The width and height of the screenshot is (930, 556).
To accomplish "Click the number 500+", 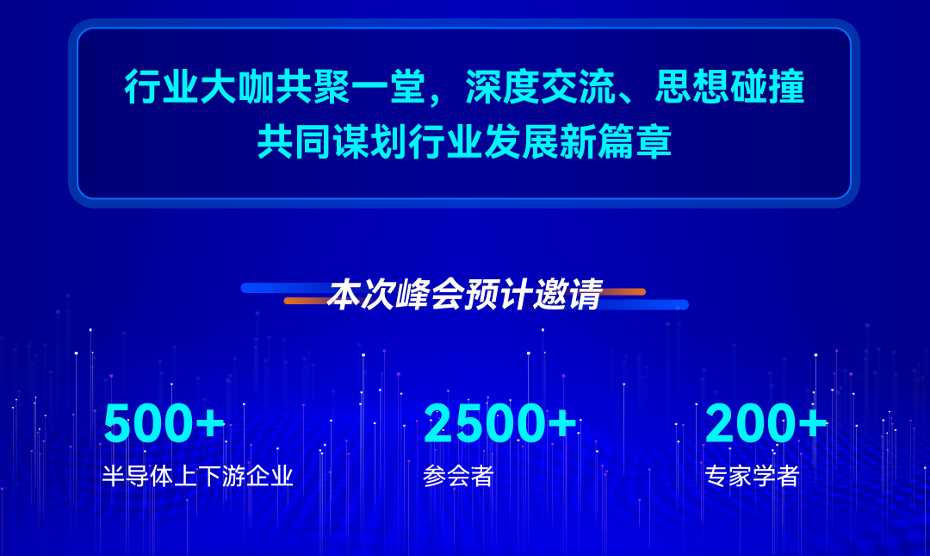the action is click(164, 423).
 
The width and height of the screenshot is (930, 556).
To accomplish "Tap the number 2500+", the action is click(500, 423).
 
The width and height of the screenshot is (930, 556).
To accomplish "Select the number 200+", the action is click(766, 423).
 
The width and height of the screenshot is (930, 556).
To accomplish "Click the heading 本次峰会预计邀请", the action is click(465, 293).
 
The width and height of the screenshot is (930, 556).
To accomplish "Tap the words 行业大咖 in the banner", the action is click(200, 87).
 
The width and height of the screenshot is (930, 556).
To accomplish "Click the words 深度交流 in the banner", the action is click(540, 87).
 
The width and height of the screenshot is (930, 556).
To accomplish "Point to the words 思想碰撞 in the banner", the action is click(729, 87).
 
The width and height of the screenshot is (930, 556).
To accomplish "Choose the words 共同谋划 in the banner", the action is click(332, 142).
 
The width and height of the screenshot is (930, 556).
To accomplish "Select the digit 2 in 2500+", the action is click(438, 423).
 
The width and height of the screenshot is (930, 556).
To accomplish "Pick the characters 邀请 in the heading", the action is click(568, 293).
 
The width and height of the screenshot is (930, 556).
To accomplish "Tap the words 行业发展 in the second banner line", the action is click(483, 142).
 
